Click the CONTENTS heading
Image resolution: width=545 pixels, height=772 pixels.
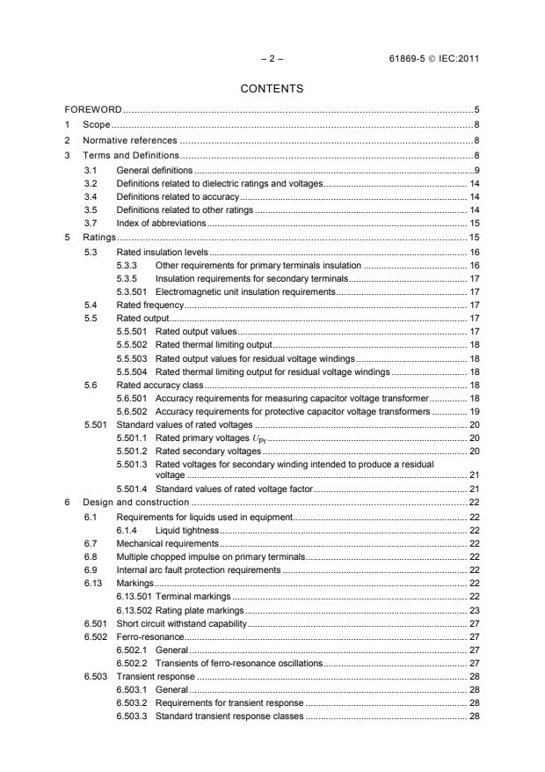pos(272,88)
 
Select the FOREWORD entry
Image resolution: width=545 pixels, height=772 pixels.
pos(93,110)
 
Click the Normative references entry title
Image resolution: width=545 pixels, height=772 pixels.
pos(130,140)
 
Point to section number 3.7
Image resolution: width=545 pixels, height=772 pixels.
pos(90,224)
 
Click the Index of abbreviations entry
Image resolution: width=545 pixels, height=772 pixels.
pos(161,224)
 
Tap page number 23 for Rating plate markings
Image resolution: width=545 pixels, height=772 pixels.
pos(473,611)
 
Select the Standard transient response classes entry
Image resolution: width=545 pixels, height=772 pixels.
pos(229,717)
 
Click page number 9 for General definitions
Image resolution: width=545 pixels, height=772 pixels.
pos(475,168)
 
